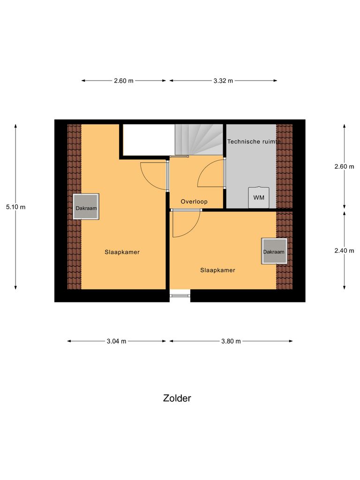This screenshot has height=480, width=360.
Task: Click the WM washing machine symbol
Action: pos(259,197)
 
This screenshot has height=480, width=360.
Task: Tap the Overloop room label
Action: pos(195,202)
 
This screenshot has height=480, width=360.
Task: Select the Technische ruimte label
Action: pos(254,141)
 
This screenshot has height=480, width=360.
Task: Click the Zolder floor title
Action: pos(177,398)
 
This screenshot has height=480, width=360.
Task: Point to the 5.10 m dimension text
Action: pos(15,207)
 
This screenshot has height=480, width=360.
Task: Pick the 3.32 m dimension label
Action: pos(223,81)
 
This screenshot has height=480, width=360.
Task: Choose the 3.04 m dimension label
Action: pos(116,341)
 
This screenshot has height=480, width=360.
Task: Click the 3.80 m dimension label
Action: pos(231,341)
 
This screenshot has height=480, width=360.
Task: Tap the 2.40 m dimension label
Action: pos(344,251)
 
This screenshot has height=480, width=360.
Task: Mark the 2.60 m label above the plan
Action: pos(124,81)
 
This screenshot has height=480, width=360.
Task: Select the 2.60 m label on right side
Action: pos(344,166)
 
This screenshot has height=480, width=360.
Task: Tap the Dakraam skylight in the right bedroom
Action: pos(274,251)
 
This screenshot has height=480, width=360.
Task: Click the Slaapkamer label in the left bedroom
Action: pos(122,252)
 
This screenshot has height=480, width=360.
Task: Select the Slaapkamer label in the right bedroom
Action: pos(217,270)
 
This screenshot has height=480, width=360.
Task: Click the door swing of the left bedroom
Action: pos(153,176)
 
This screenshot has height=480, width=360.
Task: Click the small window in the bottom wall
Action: pos(180,295)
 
